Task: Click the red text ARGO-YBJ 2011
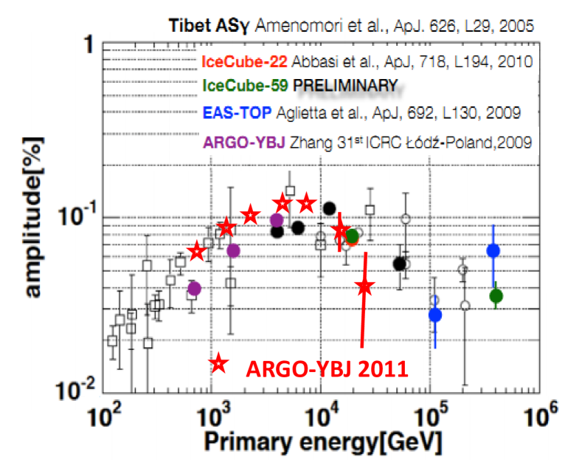(x=327, y=366)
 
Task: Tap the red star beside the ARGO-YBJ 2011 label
(x=219, y=363)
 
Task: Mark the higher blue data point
(x=493, y=251)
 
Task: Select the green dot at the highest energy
(x=496, y=296)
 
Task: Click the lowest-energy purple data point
(x=194, y=288)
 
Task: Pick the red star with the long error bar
(x=364, y=286)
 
